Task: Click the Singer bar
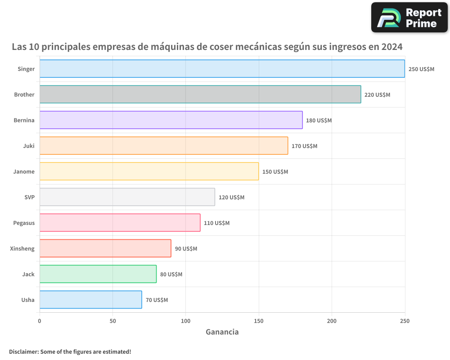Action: (222, 69)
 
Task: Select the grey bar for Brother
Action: (200, 94)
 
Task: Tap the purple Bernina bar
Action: (171, 120)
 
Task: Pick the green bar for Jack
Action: (98, 274)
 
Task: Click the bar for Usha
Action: (90, 300)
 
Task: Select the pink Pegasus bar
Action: (120, 223)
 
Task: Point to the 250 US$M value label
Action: (421, 69)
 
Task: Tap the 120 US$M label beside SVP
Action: (231, 198)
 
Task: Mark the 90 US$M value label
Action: (186, 249)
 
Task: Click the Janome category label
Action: (24, 171)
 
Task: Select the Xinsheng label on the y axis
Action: (22, 248)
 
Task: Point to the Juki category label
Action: (29, 146)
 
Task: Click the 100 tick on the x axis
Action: (185, 321)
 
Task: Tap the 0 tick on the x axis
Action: (40, 321)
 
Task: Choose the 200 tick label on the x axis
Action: (332, 321)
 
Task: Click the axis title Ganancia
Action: (222, 332)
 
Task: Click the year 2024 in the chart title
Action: (390, 47)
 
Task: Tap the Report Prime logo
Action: (409, 18)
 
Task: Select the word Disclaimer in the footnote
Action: (23, 351)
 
